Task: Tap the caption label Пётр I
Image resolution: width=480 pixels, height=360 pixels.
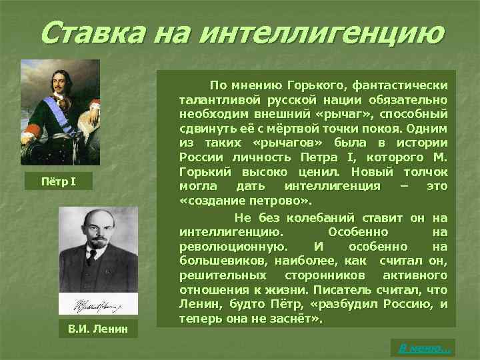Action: pyautogui.click(x=60, y=181)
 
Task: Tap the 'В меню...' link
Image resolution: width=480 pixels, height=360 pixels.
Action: pyautogui.click(x=424, y=347)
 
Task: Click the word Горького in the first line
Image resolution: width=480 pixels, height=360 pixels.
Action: pyautogui.click(x=317, y=86)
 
